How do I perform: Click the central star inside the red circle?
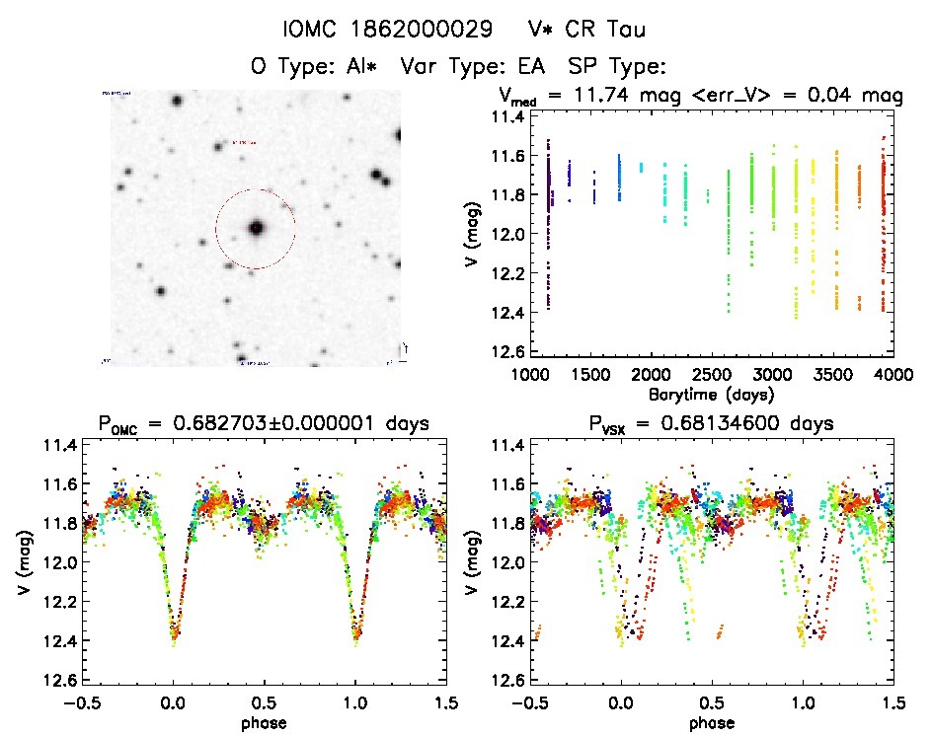257,228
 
